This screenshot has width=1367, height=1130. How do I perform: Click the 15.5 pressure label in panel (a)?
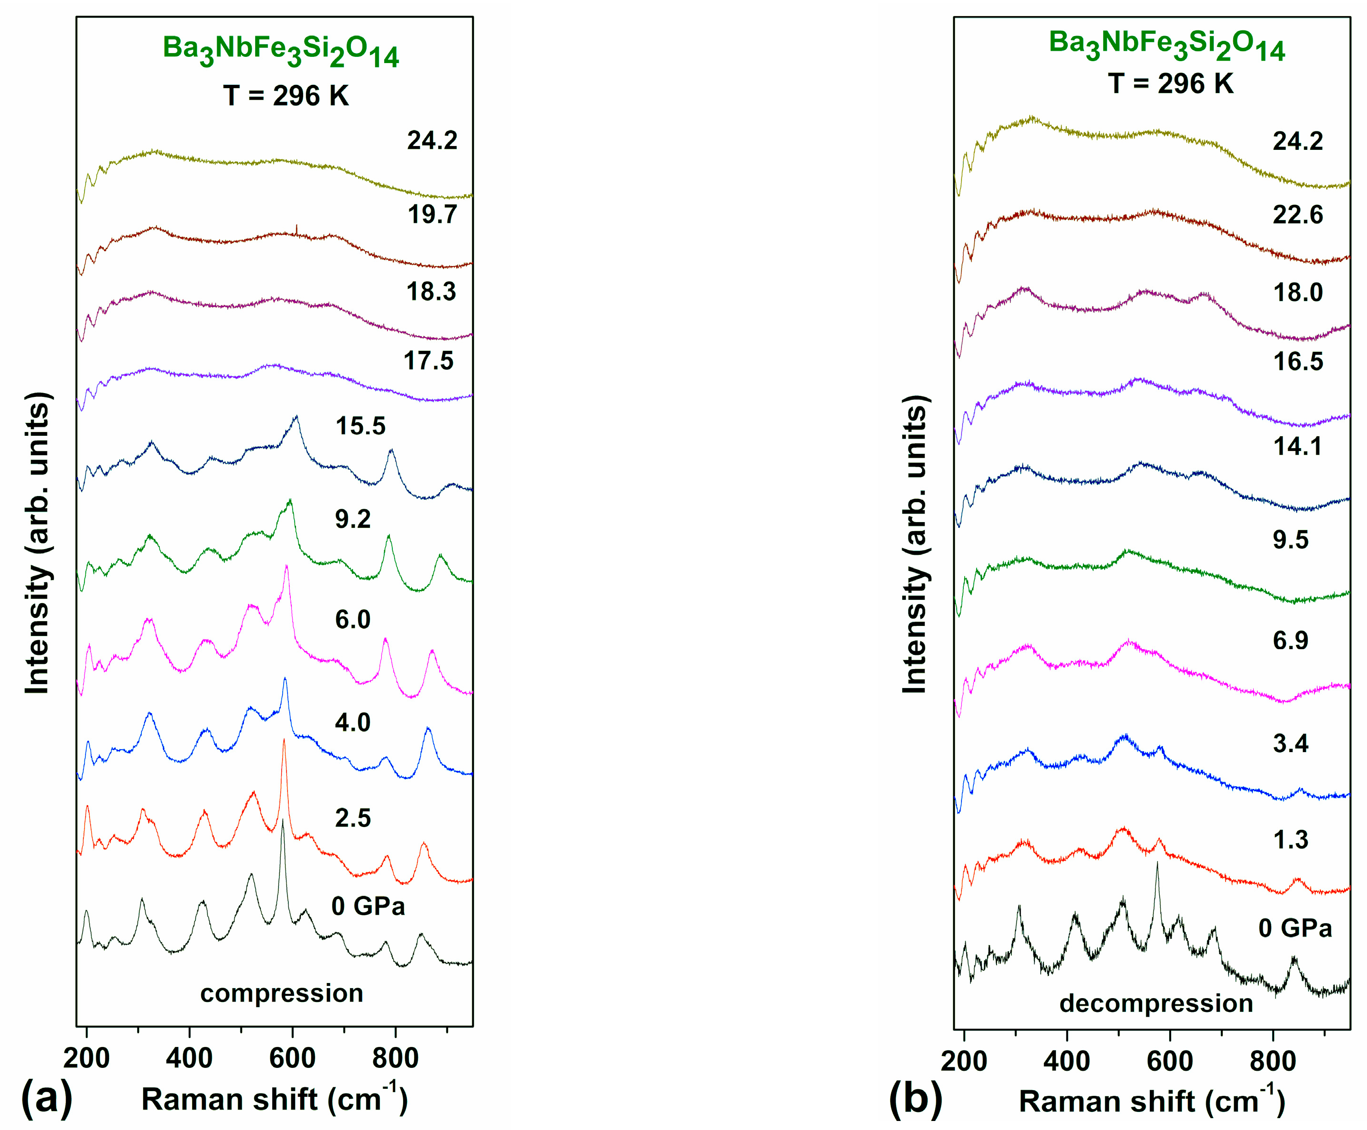click(360, 426)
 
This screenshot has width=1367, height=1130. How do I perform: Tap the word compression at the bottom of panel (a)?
click(281, 993)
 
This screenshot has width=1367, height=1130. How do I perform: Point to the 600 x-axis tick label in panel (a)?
click(292, 1058)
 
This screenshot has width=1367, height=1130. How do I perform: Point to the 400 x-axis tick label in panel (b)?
click(1066, 1060)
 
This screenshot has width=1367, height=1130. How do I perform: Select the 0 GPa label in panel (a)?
click(368, 905)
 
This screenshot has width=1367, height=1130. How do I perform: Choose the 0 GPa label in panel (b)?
click(1295, 928)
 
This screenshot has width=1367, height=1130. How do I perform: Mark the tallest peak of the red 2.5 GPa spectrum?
click(284, 741)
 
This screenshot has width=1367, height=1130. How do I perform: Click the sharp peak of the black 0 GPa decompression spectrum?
click(1157, 863)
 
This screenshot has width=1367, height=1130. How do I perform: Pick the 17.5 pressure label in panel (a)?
click(428, 360)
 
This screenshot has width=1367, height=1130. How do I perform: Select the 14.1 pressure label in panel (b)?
click(1297, 447)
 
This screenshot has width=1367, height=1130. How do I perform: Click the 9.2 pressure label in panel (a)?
click(352, 519)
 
